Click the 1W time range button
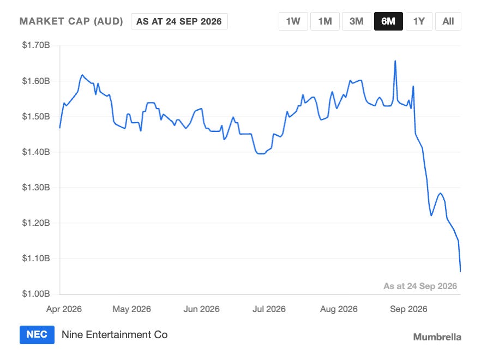click(293, 21)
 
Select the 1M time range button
click(325, 21)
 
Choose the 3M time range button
click(357, 21)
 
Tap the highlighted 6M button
click(388, 21)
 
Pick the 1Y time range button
click(419, 21)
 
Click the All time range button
click(448, 21)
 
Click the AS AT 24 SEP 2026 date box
click(179, 21)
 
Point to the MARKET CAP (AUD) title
click(71, 21)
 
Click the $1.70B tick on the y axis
click(36, 45)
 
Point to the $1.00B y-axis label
click(36, 293)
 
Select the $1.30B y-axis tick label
click(36, 187)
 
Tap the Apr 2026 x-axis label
click(64, 309)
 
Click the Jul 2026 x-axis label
click(269, 309)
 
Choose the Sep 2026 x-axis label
click(408, 309)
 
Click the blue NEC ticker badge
click(37, 334)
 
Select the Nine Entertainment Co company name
click(115, 334)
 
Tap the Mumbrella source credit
click(437, 337)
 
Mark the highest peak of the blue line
click(395, 61)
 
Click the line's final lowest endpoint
click(460, 271)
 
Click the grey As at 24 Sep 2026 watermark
click(420, 286)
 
